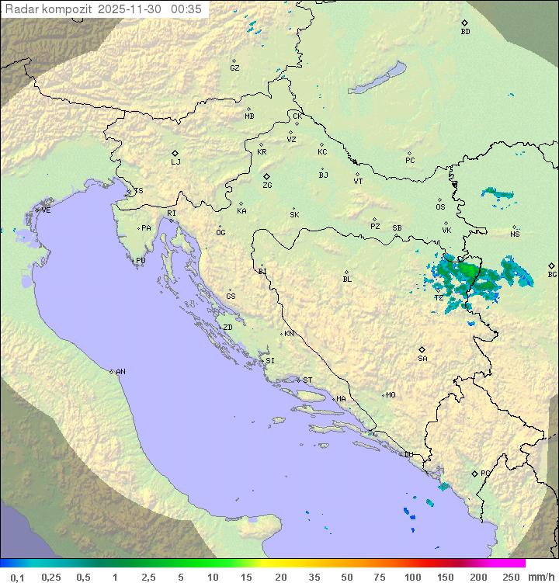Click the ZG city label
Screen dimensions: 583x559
267,186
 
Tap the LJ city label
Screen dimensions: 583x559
175,161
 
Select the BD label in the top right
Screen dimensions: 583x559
465,32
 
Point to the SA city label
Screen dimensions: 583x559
422,358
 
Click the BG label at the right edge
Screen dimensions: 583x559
552,274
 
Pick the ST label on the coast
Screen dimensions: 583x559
307,380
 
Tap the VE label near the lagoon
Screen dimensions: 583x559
46,210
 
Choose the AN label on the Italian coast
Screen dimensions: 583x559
120,372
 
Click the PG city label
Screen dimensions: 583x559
485,473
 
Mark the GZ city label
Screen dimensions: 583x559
234,68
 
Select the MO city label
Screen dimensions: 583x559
391,394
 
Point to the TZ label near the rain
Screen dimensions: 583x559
439,297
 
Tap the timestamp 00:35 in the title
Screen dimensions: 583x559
187,9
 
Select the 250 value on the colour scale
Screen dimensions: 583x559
510,577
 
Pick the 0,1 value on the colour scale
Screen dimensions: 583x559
17,577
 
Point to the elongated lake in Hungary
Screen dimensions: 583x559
377,78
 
